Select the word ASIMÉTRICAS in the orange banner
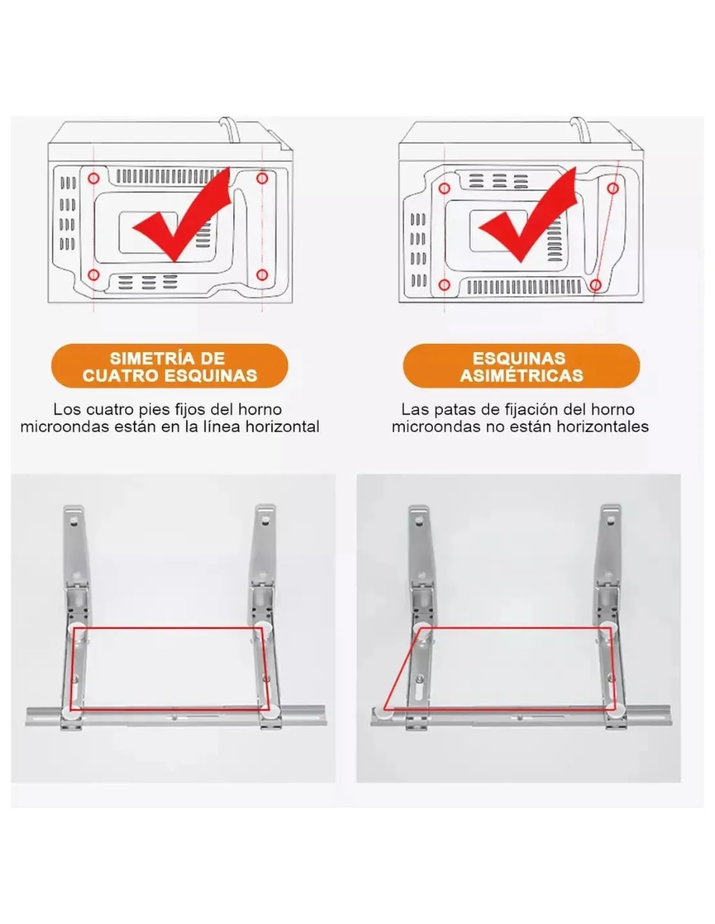522,376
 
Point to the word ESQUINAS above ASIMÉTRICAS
519,358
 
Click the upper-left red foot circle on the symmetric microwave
94,178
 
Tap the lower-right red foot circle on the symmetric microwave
262,275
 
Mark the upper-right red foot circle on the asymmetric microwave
612,189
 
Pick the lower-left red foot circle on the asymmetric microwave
444,284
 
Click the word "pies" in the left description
156,410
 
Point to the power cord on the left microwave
230,130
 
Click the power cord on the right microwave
580,130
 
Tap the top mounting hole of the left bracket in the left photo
74,519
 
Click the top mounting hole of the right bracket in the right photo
611,519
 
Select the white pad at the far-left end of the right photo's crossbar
381,713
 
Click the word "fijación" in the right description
533,411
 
